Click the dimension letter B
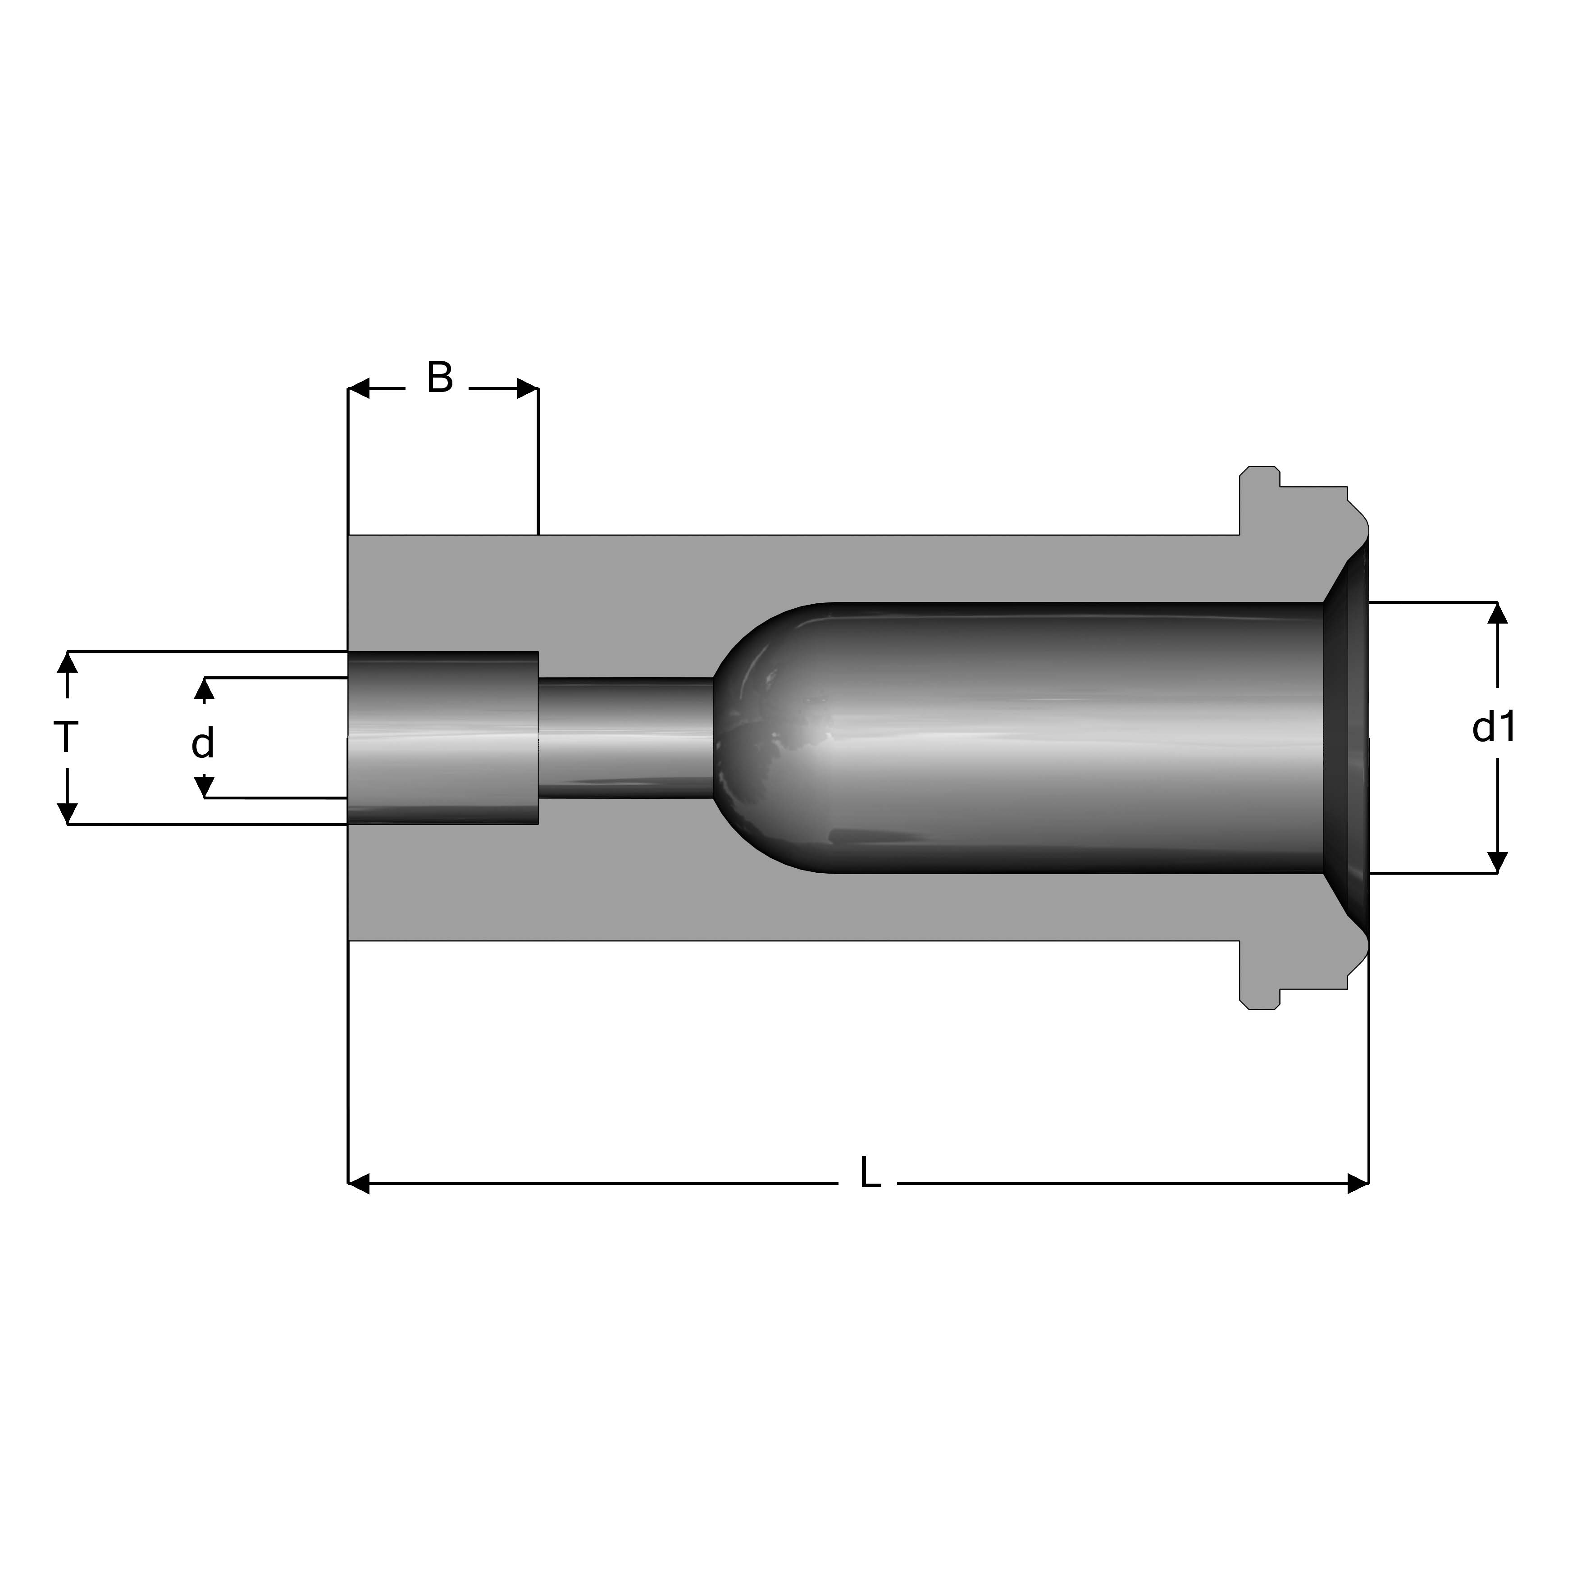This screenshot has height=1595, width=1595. (440, 378)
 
